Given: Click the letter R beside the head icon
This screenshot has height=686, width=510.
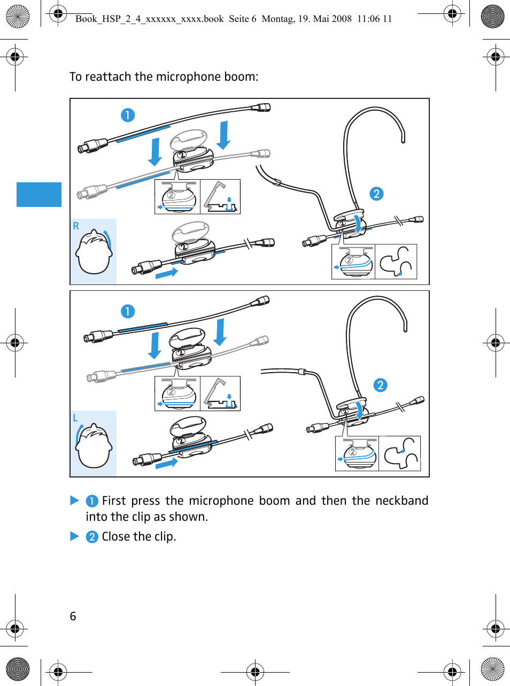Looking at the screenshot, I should (76, 226).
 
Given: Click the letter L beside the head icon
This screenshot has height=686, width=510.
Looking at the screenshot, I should (75, 418).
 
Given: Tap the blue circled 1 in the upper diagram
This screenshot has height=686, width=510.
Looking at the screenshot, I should (128, 115).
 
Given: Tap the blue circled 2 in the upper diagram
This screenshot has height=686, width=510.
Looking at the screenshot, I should (376, 194).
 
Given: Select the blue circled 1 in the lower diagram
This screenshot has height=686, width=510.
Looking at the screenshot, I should (128, 311).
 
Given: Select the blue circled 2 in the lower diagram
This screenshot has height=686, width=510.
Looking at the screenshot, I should (380, 385).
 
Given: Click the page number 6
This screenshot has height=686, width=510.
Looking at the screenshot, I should (73, 616).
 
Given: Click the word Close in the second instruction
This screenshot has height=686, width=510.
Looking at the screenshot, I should (116, 537).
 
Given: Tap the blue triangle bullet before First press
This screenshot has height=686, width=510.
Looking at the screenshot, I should (75, 500).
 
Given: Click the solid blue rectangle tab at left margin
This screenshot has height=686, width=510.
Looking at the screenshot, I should (39, 194).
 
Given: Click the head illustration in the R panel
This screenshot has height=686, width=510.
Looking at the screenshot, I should (94, 252).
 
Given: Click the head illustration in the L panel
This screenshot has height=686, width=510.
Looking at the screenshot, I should (94, 445).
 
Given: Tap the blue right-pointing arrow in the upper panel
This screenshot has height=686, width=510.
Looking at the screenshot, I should (167, 273).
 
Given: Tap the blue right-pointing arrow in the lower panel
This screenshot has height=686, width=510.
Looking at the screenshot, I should (167, 463).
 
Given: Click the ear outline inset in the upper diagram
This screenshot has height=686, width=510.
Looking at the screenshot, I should (396, 261).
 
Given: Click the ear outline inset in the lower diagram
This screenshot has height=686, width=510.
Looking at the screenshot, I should (400, 453).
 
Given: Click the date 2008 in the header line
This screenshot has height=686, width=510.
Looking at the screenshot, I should (342, 19).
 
